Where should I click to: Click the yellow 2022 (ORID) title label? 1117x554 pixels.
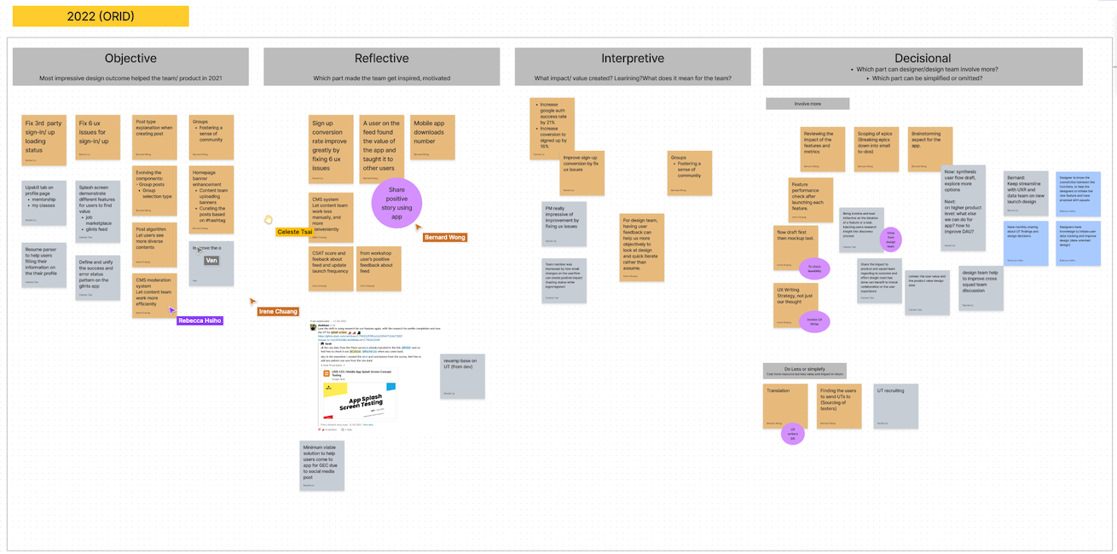click(101, 16)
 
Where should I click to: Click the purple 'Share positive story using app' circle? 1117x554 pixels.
click(396, 204)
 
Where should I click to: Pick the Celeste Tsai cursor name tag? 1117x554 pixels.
click(294, 232)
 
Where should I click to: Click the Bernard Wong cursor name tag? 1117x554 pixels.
click(444, 237)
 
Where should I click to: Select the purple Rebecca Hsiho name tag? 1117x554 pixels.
click(200, 320)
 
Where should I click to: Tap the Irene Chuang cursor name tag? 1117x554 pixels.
click(278, 312)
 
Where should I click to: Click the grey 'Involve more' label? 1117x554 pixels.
click(807, 104)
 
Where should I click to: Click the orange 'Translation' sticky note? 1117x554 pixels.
click(785, 406)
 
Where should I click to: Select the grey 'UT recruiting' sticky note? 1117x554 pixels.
click(895, 406)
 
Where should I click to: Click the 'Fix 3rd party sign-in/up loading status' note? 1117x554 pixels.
click(43, 140)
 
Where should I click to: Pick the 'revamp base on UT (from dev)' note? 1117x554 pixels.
click(462, 376)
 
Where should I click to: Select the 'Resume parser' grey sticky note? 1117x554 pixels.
click(43, 264)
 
